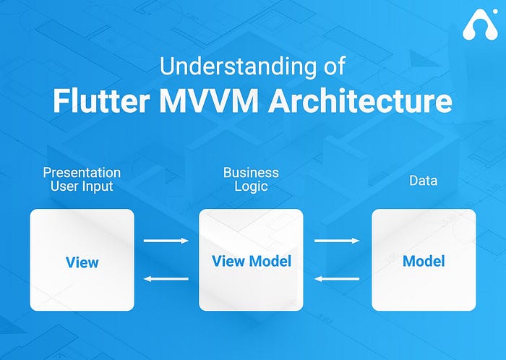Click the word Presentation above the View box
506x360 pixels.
pyautogui.click(x=82, y=173)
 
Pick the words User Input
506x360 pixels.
pyautogui.click(x=82, y=187)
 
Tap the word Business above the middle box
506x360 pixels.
pyautogui.click(x=251, y=173)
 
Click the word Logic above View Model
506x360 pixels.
pyautogui.click(x=251, y=187)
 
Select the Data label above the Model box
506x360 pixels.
pyautogui.click(x=423, y=180)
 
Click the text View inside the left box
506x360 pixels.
pyautogui.click(x=82, y=261)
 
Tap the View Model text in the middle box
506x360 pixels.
pyautogui.click(x=251, y=261)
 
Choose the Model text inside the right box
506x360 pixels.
pyautogui.click(x=424, y=261)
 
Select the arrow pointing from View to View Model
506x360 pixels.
pyautogui.click(x=166, y=241)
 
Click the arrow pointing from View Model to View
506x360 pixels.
pyautogui.click(x=166, y=278)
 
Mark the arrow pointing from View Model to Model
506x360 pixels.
pyautogui.click(x=337, y=241)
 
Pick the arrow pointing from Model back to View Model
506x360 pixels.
pyautogui.click(x=337, y=278)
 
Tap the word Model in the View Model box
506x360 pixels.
pyautogui.click(x=270, y=261)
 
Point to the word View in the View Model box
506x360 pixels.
pyautogui.click(x=228, y=261)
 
